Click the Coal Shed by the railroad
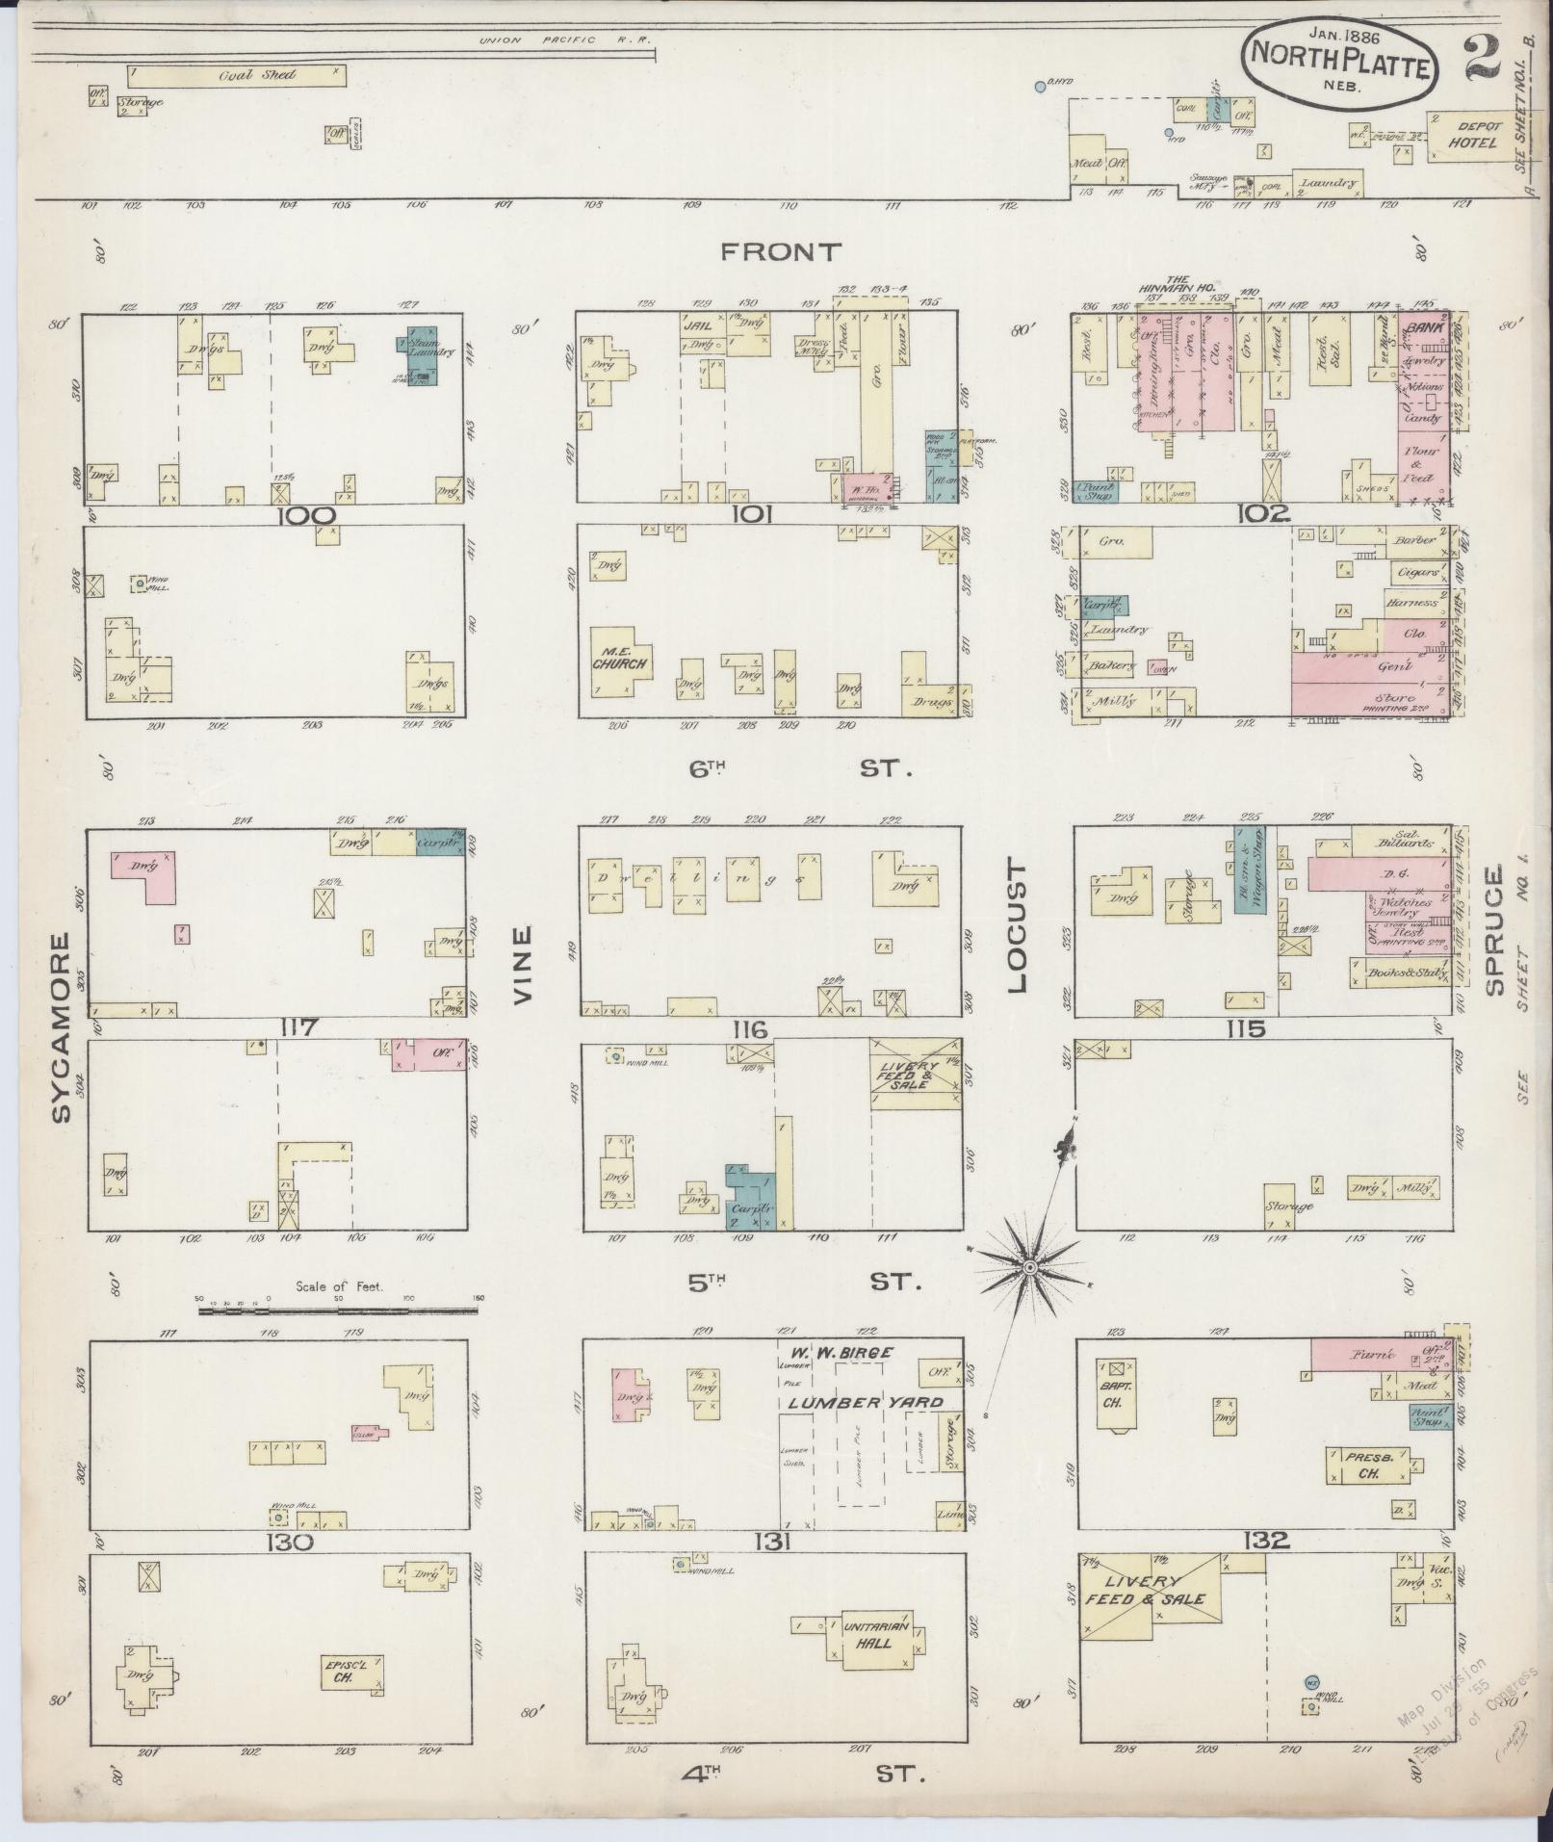pyautogui.click(x=236, y=75)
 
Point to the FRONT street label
pyautogui.click(x=780, y=252)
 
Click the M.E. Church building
pyautogui.click(x=617, y=662)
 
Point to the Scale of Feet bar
pyautogui.click(x=337, y=1310)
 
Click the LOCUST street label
pyautogui.click(x=1019, y=926)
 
